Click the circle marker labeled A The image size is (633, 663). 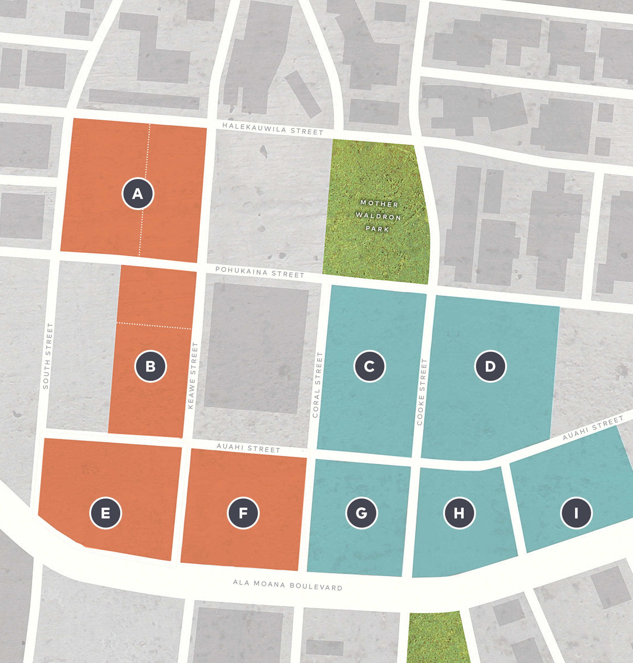(x=138, y=194)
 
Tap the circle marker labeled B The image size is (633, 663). (x=150, y=366)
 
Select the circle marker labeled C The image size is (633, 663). (x=369, y=366)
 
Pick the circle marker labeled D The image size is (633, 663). (x=490, y=366)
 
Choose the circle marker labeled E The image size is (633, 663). (x=106, y=513)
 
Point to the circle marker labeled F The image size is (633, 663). (x=243, y=513)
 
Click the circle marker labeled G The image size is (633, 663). (x=362, y=513)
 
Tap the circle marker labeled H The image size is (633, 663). (x=459, y=513)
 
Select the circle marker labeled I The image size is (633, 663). (x=576, y=513)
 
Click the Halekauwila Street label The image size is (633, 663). (x=273, y=128)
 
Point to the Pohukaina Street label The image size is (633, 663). (x=260, y=272)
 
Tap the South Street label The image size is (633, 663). (x=48, y=356)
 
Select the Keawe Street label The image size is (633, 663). (x=192, y=375)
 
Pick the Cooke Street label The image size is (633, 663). (x=422, y=392)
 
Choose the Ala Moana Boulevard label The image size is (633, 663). (x=288, y=585)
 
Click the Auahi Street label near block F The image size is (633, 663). (x=248, y=448)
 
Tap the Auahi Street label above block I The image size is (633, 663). (x=593, y=428)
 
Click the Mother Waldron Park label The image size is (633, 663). (x=378, y=216)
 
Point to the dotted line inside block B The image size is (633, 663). (x=154, y=326)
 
